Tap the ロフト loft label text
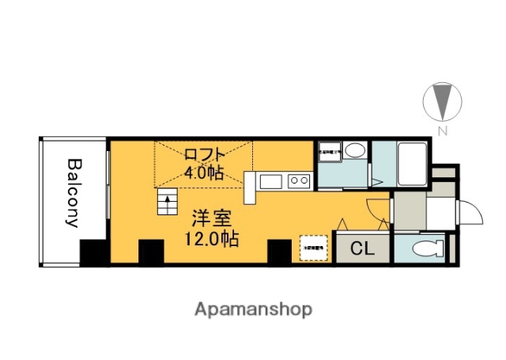(205, 154)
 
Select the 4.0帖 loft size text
(204, 172)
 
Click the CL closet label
(361, 248)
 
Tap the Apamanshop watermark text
(253, 309)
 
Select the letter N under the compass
(444, 131)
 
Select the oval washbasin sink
(354, 151)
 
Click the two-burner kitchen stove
(299, 181)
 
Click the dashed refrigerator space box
(312, 247)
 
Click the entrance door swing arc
(470, 213)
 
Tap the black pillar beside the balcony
(94, 252)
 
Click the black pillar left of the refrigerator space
(279, 252)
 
